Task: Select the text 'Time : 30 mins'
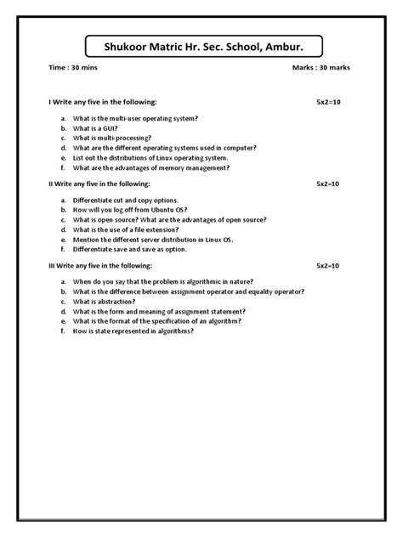tap(71, 67)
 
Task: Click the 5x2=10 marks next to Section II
tap(328, 183)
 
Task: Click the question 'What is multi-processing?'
tap(112, 137)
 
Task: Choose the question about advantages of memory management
tap(151, 167)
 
